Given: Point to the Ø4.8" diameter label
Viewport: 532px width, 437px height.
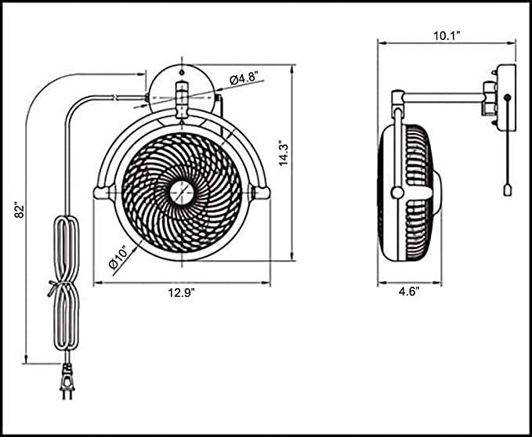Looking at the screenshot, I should (245, 78).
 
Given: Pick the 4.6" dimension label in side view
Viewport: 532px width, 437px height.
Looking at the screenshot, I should (407, 292).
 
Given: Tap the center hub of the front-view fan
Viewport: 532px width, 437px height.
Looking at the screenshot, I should (182, 191).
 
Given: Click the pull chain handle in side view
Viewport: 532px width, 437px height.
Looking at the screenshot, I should (507, 192).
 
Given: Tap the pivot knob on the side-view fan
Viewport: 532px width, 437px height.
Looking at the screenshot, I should (398, 193).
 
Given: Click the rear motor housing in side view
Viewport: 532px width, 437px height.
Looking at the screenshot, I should (433, 192).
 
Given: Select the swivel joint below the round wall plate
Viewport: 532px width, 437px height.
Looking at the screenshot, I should (182, 107).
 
